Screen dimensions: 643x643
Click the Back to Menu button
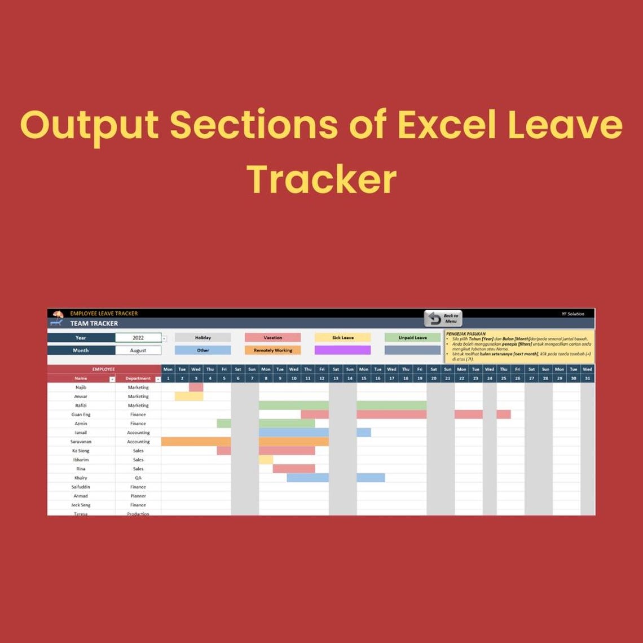[443, 319]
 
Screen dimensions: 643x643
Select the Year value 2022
[138, 338]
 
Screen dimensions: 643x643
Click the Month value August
[138, 350]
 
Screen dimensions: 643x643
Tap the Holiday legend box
[202, 338]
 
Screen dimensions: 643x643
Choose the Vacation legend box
[272, 338]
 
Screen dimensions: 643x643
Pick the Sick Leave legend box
[342, 338]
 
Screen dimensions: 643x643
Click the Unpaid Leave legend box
[412, 338]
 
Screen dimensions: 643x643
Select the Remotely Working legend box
[272, 350]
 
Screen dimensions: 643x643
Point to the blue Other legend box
[202, 350]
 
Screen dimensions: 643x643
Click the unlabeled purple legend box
[342, 350]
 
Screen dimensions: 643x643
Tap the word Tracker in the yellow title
[321, 179]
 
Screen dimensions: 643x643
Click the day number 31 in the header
[587, 378]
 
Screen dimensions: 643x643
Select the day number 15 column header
[364, 378]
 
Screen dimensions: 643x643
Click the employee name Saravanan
[81, 442]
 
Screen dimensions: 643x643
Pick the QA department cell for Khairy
[138, 478]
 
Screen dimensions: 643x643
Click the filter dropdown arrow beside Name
[112, 379]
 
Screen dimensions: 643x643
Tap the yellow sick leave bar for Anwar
[189, 397]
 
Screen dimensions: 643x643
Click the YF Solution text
[573, 314]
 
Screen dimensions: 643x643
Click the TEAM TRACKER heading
[94, 324]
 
